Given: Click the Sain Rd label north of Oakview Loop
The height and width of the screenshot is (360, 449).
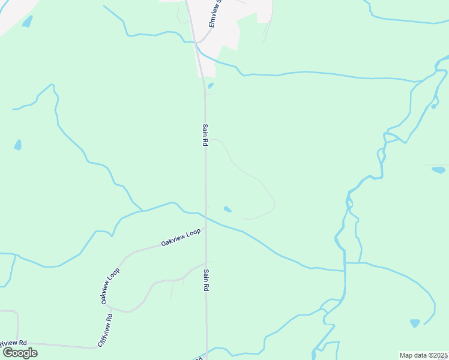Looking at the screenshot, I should coord(205,136).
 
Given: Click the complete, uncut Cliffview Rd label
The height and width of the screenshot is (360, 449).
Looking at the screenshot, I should coord(105,330).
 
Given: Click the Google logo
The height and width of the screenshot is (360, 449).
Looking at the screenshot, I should coord(20,352).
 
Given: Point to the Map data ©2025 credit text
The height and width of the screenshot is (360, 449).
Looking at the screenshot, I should coord(424,355).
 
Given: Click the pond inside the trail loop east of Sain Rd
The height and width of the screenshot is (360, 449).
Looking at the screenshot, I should coord(228,209).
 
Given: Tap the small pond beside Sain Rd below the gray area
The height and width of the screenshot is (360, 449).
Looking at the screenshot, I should coord(211,86).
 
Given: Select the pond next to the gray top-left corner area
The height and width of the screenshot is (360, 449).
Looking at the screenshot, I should coord(27,22).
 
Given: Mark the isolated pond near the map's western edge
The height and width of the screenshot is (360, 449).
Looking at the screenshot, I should coord(18,145).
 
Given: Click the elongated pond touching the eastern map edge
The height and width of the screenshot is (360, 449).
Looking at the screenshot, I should coord(438,170).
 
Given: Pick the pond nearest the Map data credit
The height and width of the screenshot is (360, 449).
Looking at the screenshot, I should coord(415,323).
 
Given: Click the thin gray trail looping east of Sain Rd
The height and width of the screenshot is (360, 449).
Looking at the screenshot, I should coord(259,179).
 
